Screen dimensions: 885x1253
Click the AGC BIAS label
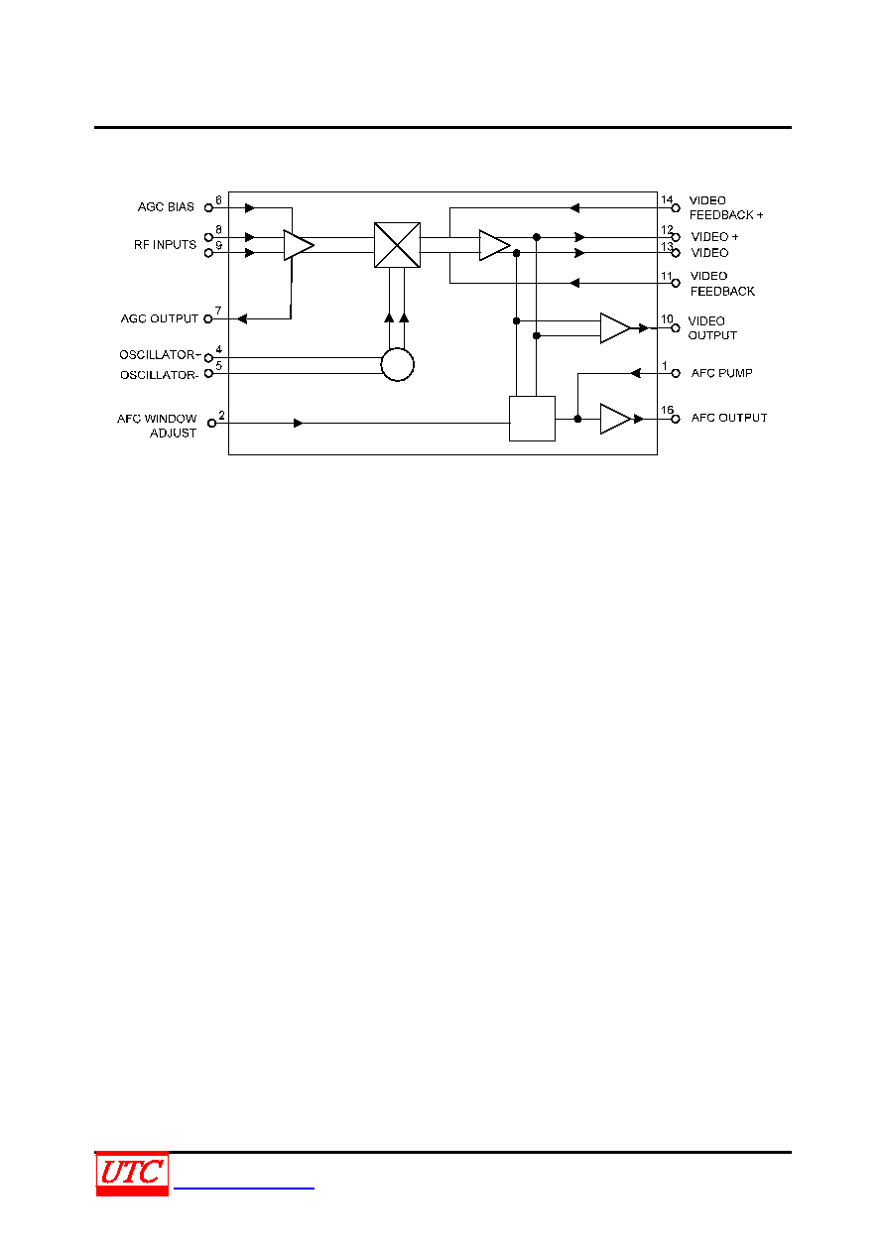[x=166, y=207]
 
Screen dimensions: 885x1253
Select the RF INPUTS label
[x=165, y=245]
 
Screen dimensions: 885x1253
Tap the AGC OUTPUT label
[x=160, y=318]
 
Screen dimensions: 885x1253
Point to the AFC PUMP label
[x=721, y=373]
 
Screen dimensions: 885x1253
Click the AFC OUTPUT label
[x=729, y=418]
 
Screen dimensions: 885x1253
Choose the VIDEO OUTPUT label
[x=712, y=328]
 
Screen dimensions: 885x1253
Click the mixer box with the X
[x=397, y=245]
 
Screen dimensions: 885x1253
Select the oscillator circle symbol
[x=397, y=365]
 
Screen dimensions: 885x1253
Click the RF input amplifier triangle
[x=299, y=245]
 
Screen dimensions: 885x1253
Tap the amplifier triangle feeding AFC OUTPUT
[x=615, y=419]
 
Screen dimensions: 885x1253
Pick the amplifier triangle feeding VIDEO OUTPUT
[x=615, y=328]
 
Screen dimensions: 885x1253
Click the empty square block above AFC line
[x=532, y=419]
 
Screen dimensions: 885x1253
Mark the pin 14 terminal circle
[x=676, y=208]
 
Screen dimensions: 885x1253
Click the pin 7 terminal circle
[x=208, y=318]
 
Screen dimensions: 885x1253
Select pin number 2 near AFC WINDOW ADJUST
[x=221, y=415]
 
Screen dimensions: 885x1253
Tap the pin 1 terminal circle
[x=676, y=373]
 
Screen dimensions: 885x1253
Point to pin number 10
[x=667, y=318]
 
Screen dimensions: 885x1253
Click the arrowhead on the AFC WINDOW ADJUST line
[x=299, y=423]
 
